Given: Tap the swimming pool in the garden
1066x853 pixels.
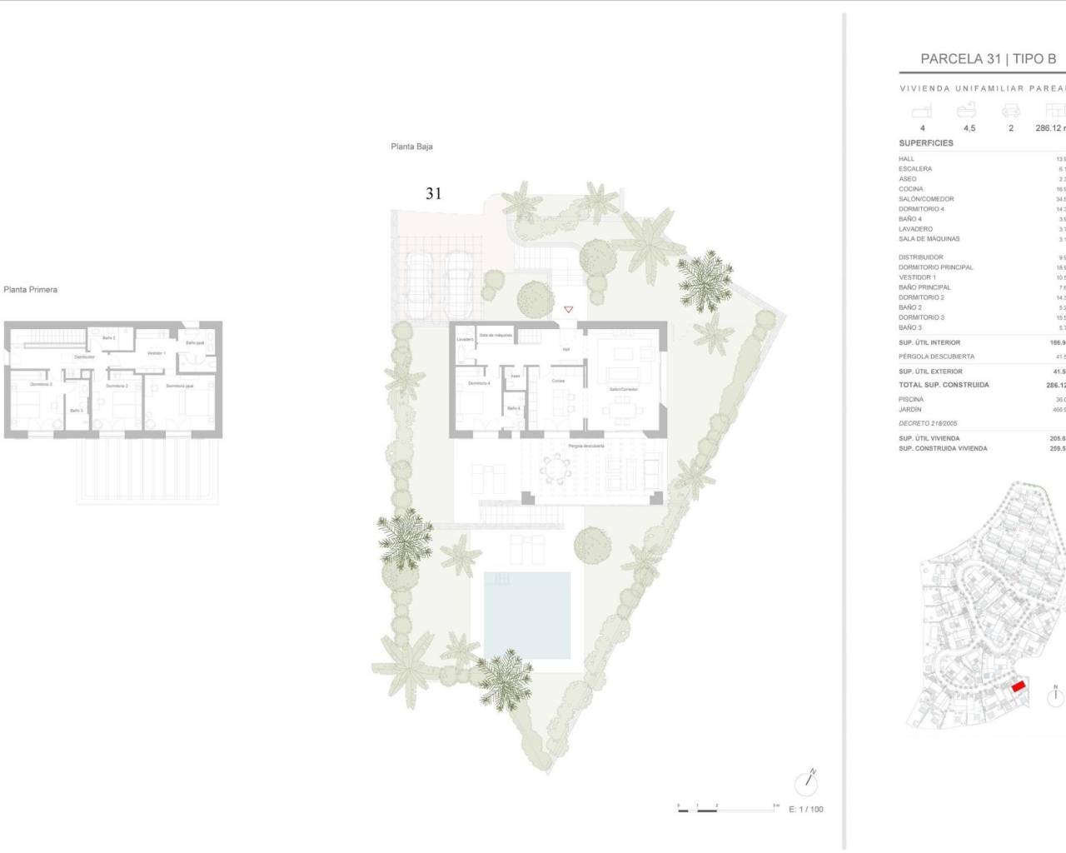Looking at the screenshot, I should [x=527, y=615].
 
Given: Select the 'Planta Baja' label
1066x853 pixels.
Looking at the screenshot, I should [x=411, y=147].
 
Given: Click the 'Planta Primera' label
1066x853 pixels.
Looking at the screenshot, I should [x=31, y=290].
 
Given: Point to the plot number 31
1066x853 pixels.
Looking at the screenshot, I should [x=433, y=193].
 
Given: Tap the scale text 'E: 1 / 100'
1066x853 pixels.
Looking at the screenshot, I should [x=805, y=810].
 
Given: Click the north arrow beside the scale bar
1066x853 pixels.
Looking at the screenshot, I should [x=806, y=782].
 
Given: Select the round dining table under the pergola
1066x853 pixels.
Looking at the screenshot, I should [x=555, y=471].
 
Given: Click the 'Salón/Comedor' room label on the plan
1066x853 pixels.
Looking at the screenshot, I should [x=623, y=389].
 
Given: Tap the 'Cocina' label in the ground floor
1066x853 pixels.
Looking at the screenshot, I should [x=558, y=381].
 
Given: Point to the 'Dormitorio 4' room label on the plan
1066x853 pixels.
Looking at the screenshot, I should [x=479, y=383].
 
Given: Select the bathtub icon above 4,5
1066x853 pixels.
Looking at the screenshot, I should [x=967, y=111].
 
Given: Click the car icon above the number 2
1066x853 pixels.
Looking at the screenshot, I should [x=1011, y=111].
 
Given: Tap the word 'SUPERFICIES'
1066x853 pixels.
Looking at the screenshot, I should [x=926, y=143].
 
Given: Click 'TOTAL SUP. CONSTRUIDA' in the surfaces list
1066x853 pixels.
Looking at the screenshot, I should [x=944, y=385].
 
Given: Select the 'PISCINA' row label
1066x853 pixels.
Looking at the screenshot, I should [x=911, y=400].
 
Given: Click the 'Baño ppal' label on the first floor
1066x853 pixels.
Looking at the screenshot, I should [x=195, y=342].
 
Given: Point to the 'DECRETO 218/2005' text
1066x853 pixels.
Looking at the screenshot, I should [x=928, y=424].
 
